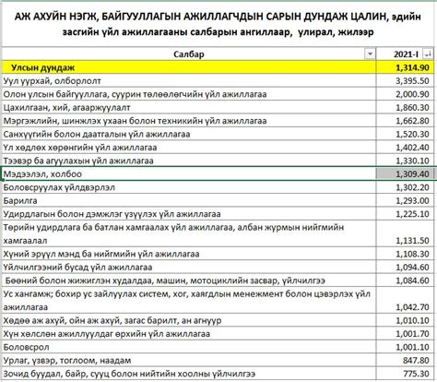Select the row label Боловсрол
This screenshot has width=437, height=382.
[x=30, y=346]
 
